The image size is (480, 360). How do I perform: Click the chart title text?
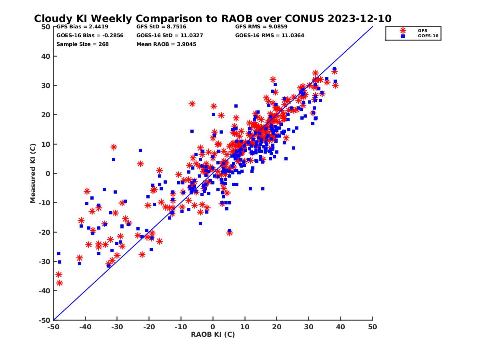click(212, 18)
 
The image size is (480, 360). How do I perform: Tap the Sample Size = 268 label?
click(82, 44)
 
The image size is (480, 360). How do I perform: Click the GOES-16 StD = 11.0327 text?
click(170, 35)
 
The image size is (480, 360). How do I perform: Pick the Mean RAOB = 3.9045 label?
click(166, 44)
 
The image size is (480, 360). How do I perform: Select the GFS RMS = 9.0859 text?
click(261, 27)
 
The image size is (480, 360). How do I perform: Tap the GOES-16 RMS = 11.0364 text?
click(270, 35)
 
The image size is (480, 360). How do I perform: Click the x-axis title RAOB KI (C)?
click(213, 334)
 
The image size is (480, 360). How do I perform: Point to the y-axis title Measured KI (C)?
click(33, 174)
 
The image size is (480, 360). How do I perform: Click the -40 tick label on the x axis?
click(85, 327)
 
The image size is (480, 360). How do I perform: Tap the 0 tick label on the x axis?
click(213, 327)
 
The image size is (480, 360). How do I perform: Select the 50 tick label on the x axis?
click(372, 327)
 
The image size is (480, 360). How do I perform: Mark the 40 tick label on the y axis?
click(45, 56)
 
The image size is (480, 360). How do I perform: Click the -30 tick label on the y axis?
click(44, 262)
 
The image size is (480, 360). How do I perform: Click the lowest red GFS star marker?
click(60, 283)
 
